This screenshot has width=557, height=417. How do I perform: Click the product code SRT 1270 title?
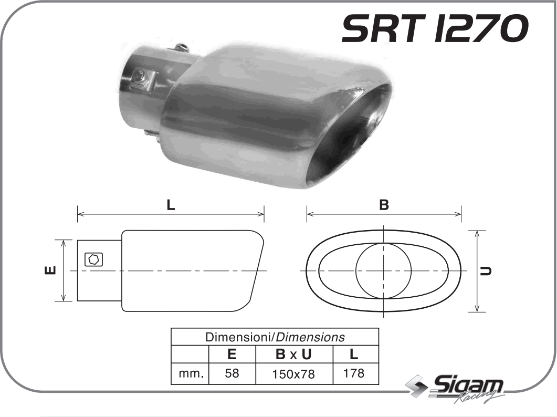(x=434, y=29)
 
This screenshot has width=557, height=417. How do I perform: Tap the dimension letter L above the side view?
(x=171, y=205)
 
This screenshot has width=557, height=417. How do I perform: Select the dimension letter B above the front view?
(x=384, y=205)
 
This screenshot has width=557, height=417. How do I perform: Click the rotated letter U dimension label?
(x=488, y=271)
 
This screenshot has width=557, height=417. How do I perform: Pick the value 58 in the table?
(x=232, y=373)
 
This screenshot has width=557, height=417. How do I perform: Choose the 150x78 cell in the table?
(x=294, y=374)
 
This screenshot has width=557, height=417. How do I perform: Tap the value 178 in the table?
(x=354, y=373)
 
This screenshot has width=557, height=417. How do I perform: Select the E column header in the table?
(x=232, y=355)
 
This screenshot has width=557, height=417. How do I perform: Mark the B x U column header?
(x=293, y=355)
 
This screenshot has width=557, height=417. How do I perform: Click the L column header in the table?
(x=354, y=355)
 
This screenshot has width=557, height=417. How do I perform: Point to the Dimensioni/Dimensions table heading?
(x=275, y=337)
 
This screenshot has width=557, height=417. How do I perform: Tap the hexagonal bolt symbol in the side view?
(x=93, y=259)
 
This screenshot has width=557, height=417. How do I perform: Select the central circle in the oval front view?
(x=384, y=271)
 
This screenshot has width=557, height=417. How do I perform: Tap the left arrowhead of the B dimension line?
(x=309, y=214)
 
